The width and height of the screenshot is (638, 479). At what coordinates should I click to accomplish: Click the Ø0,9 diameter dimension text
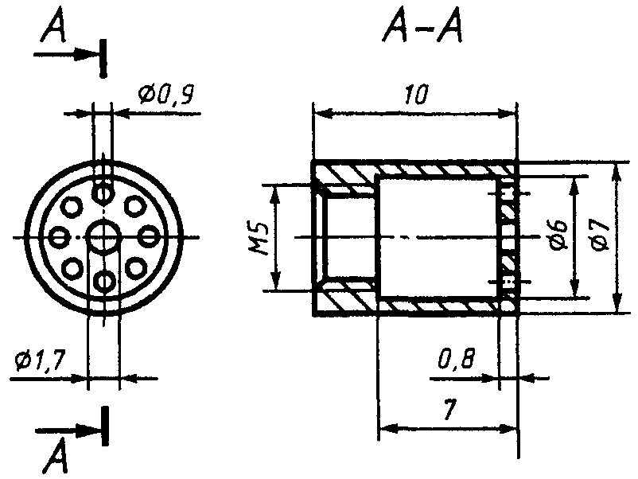tap(165, 94)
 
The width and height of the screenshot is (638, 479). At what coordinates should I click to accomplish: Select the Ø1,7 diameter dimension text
tap(40, 360)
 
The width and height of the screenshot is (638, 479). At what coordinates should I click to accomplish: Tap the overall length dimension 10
tap(416, 95)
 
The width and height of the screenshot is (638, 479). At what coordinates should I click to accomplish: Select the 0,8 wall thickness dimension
tap(456, 359)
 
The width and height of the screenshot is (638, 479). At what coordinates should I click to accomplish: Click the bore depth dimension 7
tap(449, 409)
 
